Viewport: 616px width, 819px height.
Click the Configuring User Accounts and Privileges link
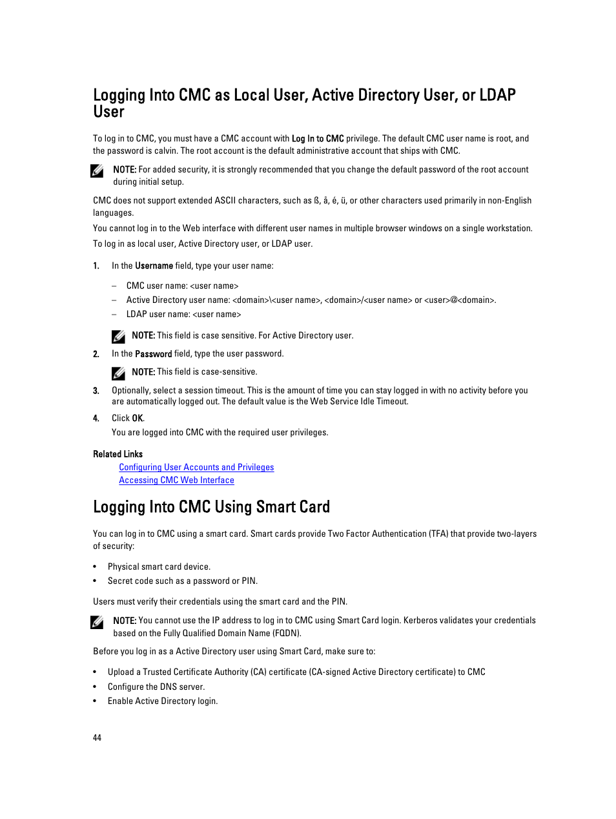pyautogui.click(x=196, y=467)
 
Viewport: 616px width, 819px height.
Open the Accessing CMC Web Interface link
pyautogui.click(x=176, y=480)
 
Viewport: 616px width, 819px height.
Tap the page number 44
pyautogui.click(x=97, y=738)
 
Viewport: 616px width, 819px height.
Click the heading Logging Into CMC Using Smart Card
pyautogui.click(x=211, y=507)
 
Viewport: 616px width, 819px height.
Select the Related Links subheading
pyautogui.click(x=118, y=454)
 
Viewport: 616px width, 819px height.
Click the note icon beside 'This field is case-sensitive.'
pyautogui.click(x=118, y=373)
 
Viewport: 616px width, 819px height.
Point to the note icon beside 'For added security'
pyautogui.click(x=98, y=171)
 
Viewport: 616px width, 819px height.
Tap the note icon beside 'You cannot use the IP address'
pyautogui.click(x=98, y=622)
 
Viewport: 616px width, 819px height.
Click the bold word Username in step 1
pyautogui.click(x=154, y=265)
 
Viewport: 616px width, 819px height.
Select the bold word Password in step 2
pyautogui.click(x=153, y=354)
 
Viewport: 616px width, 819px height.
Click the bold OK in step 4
pyautogui.click(x=138, y=418)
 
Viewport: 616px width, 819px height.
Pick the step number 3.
pyautogui.click(x=96, y=391)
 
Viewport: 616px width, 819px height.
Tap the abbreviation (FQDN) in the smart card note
pyautogui.click(x=287, y=633)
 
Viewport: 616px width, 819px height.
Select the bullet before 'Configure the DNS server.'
pyautogui.click(x=95, y=687)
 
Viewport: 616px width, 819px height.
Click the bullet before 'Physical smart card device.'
pyautogui.click(x=95, y=566)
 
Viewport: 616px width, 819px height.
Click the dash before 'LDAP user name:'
pyautogui.click(x=114, y=314)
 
